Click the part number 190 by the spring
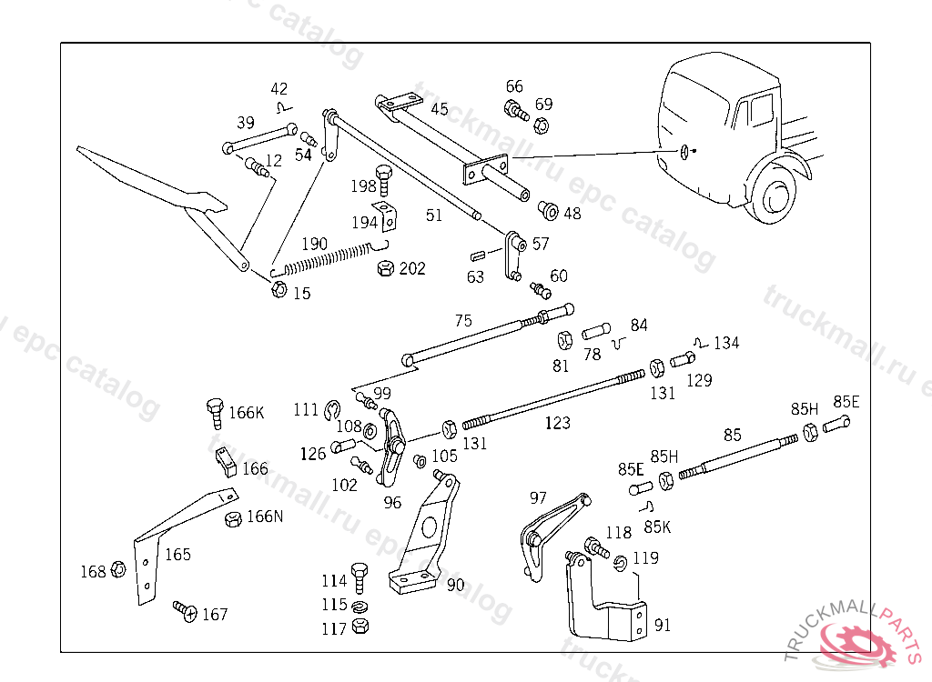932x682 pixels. [x=314, y=244]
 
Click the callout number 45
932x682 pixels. [x=440, y=109]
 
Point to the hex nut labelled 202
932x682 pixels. [x=385, y=268]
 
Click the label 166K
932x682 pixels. [x=246, y=412]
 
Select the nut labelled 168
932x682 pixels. [x=118, y=570]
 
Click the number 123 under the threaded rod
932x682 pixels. [x=557, y=423]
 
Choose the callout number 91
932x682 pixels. [x=663, y=625]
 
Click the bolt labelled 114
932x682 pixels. [x=359, y=576]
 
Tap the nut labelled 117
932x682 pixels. [x=359, y=627]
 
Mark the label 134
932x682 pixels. [x=726, y=343]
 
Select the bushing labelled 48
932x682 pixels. [x=549, y=211]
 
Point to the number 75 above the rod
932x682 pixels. [x=463, y=320]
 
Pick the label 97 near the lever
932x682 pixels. [x=538, y=497]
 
